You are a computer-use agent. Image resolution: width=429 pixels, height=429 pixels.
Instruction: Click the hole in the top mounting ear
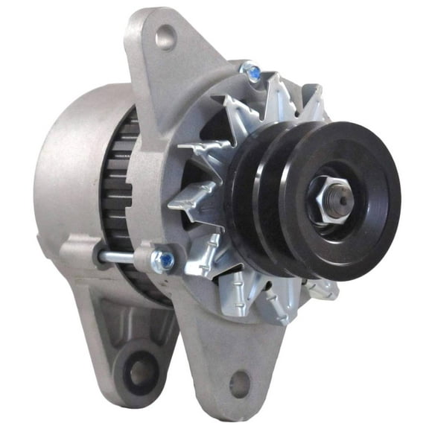[x=165, y=36]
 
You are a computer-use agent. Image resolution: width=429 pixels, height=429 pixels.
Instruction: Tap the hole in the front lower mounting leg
[x=240, y=384]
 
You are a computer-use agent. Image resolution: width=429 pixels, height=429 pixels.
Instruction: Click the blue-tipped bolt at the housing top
[x=253, y=73]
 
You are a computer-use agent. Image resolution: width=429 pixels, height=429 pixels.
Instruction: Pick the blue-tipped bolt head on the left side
[x=164, y=261]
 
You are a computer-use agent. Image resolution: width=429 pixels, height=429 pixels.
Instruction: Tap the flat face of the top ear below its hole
[x=168, y=82]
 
